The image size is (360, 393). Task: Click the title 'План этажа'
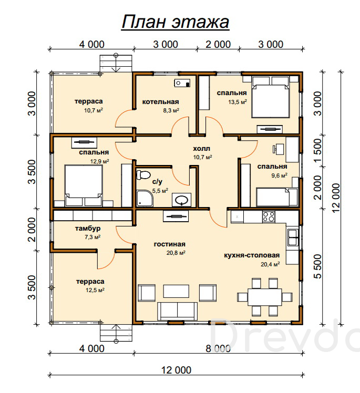tap(175, 22)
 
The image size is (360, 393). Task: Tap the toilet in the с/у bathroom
tap(143, 174)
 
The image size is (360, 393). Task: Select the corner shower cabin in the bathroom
tap(145, 199)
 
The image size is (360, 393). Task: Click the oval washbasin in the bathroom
tap(182, 200)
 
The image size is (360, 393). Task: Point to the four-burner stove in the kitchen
tap(269, 216)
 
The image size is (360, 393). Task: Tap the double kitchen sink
tap(293, 237)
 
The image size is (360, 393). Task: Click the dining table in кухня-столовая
tap(265, 297)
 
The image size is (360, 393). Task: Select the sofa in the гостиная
tap(177, 311)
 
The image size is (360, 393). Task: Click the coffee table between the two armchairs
tap(176, 291)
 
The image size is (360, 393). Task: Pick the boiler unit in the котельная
tap(182, 83)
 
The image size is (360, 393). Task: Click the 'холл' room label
tap(202, 149)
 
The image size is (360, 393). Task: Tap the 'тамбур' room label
tap(88, 229)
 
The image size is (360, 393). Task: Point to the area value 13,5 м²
tap(238, 102)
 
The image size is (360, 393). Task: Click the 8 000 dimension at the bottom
tap(218, 348)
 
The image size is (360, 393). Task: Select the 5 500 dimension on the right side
tap(317, 266)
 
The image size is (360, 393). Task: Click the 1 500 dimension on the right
tap(317, 151)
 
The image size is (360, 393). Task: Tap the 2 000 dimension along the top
tap(218, 44)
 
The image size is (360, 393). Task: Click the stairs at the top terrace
tap(116, 64)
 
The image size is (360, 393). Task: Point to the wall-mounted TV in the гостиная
tap(176, 216)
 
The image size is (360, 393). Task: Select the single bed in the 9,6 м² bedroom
tap(277, 197)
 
